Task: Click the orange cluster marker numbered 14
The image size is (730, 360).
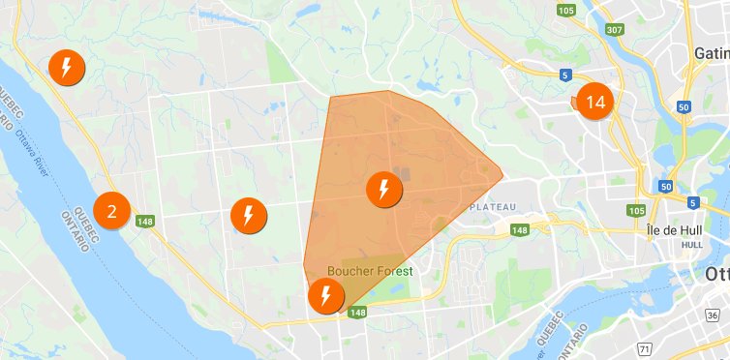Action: (594, 102)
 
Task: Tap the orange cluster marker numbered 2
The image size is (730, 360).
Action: (112, 209)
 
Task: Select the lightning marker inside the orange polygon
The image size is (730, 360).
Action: (384, 189)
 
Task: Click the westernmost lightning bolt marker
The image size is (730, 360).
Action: (66, 67)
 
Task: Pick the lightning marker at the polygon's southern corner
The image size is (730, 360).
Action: (325, 295)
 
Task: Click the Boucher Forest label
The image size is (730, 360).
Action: (370, 271)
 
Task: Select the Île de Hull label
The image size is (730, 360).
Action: (673, 232)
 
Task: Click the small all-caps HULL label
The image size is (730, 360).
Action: (691, 245)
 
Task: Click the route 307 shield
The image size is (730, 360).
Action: (614, 30)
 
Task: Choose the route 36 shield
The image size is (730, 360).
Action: (713, 315)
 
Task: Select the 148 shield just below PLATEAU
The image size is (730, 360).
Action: (520, 229)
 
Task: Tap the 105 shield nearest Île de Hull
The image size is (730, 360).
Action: (636, 210)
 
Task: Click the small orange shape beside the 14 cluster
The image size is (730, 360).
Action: (574, 101)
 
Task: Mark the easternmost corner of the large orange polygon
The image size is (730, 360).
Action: (502, 178)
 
